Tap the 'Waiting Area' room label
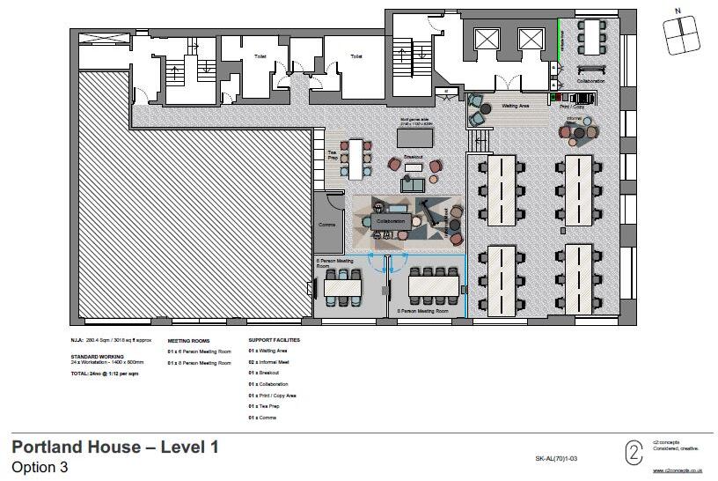(515, 106)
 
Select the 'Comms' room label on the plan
(327, 225)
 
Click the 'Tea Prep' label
(333, 154)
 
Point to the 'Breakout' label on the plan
(414, 156)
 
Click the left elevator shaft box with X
(486, 39)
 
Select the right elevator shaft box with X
(531, 39)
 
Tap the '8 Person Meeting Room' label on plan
(429, 311)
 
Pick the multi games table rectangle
(415, 137)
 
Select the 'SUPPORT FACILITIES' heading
(274, 339)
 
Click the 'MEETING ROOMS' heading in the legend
(187, 339)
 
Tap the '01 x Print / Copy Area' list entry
(272, 396)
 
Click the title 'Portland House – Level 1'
(114, 448)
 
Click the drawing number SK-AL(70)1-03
(556, 459)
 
